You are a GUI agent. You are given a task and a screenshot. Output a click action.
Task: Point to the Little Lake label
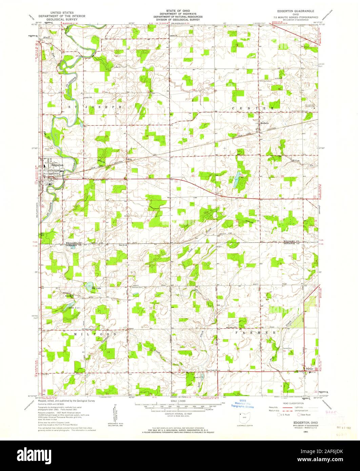click(x=74, y=307)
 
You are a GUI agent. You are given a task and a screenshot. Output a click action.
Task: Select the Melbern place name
click(x=264, y=123)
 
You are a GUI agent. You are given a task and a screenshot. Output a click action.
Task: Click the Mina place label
click(x=129, y=159)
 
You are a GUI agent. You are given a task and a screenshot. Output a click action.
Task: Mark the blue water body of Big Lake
click(x=89, y=285)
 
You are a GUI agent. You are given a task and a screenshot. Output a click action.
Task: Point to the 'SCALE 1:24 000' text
click(x=178, y=402)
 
